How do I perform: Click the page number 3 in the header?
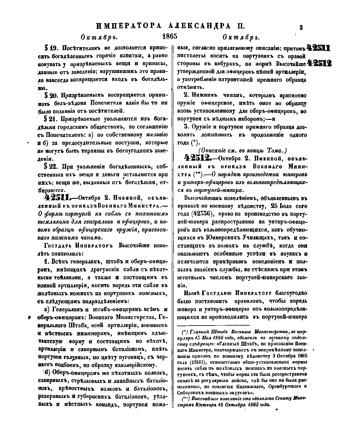[301, 28]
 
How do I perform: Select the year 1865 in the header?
[170, 36]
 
